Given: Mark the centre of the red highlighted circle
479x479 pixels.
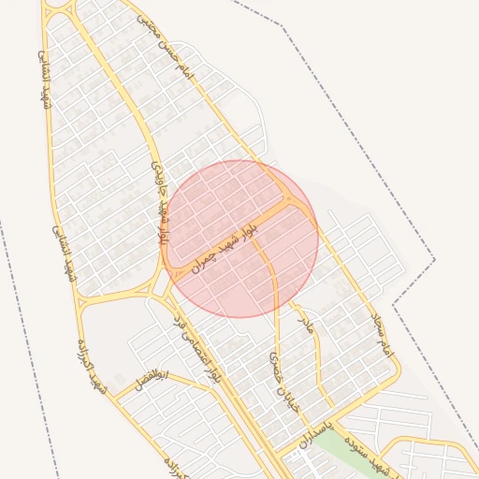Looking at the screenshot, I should (x=240, y=239).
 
